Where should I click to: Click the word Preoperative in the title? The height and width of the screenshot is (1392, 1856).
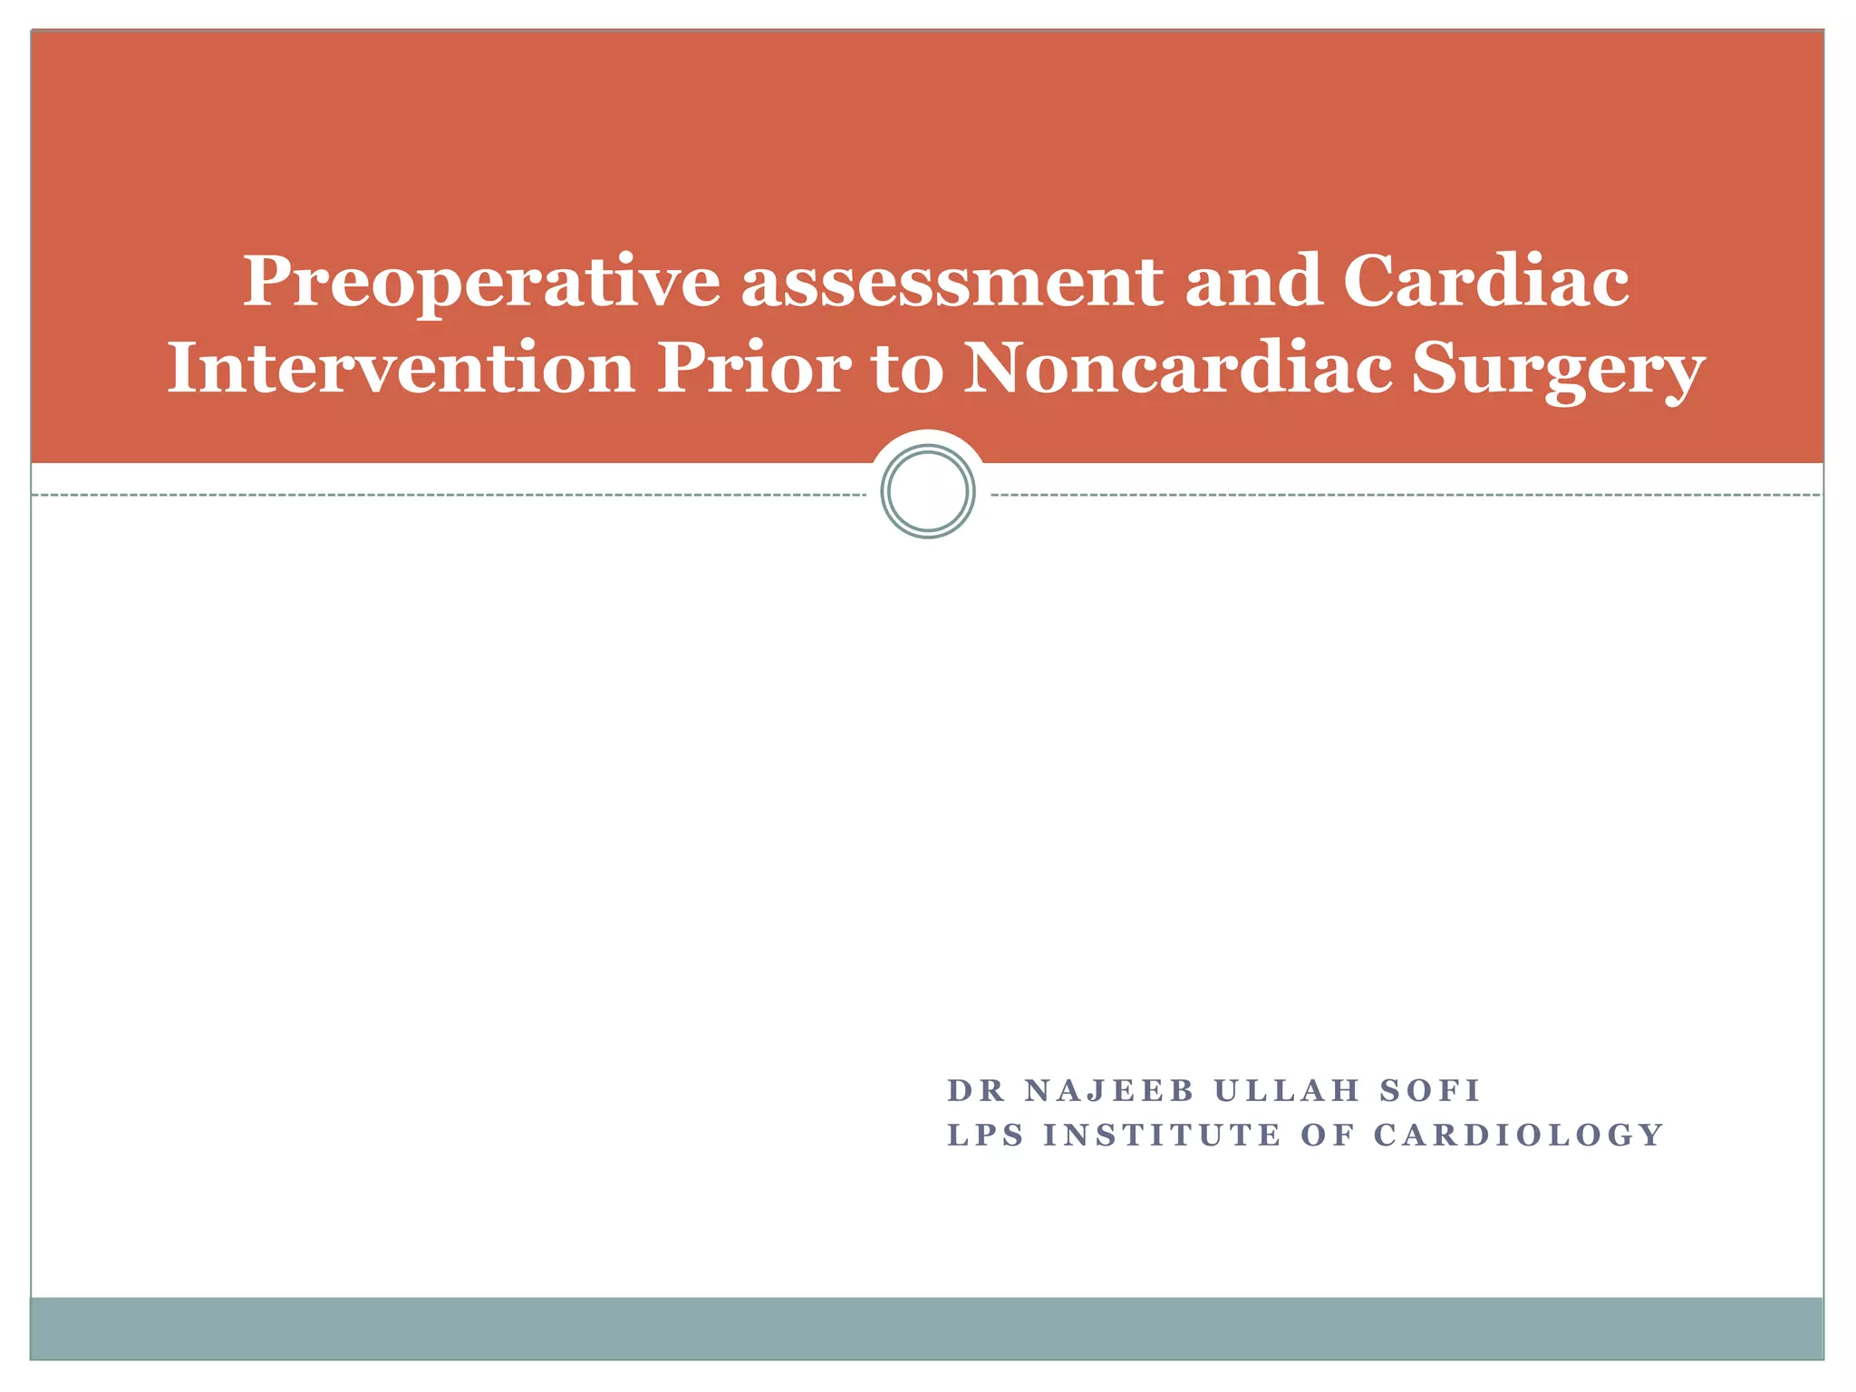point(481,283)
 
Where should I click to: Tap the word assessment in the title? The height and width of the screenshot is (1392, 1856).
point(952,283)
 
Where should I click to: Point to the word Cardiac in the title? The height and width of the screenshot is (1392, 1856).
point(1485,281)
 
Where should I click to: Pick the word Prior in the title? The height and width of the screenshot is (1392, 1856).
point(754,370)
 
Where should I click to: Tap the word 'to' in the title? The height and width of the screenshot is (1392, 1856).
point(906,370)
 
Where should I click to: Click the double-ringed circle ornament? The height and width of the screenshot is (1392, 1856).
point(928,491)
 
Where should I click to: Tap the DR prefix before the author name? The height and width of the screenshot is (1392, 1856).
point(976,1090)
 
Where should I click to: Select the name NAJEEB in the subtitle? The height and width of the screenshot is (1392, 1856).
point(1109,1090)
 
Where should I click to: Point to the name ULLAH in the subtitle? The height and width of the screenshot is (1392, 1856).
point(1287,1090)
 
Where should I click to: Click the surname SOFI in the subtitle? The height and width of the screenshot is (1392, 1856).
point(1430,1090)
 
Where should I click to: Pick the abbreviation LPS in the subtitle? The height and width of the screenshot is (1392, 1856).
point(985,1135)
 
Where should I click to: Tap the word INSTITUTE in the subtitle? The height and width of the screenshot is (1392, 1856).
point(1163,1135)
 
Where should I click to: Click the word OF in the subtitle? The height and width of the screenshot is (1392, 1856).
point(1328,1135)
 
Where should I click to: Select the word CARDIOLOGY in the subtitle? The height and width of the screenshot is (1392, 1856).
point(1519,1135)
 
